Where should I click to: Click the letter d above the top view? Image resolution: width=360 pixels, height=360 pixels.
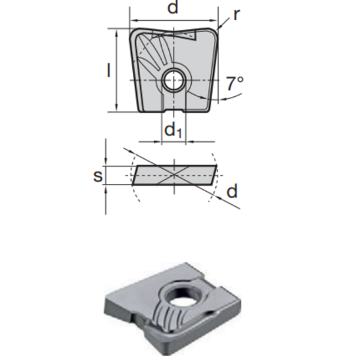click(173, 9)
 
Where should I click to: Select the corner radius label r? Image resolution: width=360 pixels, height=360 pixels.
click(236, 15)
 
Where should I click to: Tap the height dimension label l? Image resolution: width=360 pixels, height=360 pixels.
click(109, 69)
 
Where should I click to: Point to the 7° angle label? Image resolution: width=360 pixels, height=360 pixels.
click(234, 84)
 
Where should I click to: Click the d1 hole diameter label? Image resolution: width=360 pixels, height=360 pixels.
click(172, 131)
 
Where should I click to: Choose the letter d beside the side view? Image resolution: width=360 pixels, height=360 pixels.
click(232, 191)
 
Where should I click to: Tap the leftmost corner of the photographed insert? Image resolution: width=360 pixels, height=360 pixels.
click(105, 306)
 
